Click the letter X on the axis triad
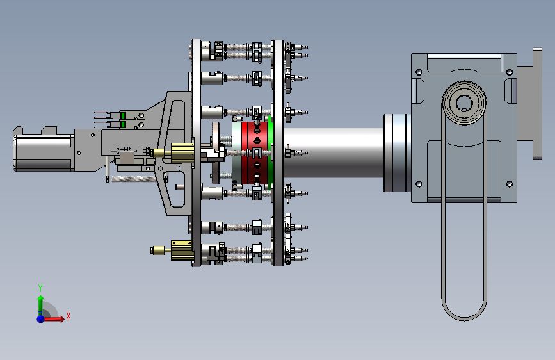[x=68, y=316]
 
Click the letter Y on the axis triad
[x=40, y=288]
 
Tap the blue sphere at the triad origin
[x=41, y=318]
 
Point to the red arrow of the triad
[x=52, y=319]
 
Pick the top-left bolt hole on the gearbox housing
[x=419, y=72]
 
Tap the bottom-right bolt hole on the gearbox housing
[x=510, y=184]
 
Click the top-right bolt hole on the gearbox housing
[x=510, y=72]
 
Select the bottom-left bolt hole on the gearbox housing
[x=419, y=184]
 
